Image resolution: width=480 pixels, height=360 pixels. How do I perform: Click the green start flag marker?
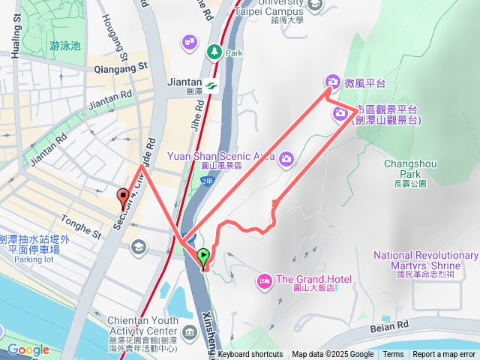click(204, 258)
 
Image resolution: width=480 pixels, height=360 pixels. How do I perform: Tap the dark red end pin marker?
click(123, 198)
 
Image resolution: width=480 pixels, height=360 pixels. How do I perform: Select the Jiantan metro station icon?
click(212, 83)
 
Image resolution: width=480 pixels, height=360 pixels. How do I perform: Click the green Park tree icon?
click(213, 52)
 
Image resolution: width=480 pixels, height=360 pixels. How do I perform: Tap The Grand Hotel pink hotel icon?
click(264, 280)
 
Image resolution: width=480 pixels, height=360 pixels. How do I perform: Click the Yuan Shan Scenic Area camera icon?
click(286, 157)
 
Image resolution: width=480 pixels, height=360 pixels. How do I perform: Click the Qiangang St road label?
click(121, 68)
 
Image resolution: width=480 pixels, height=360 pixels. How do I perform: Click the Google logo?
click(28, 349)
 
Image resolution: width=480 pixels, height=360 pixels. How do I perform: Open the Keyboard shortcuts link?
click(250, 355)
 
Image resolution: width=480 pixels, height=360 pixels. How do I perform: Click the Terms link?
click(393, 355)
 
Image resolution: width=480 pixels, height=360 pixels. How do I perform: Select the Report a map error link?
click(444, 355)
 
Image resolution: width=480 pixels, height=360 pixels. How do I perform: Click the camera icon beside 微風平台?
click(332, 82)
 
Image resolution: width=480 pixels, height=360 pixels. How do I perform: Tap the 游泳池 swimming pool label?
click(64, 46)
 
